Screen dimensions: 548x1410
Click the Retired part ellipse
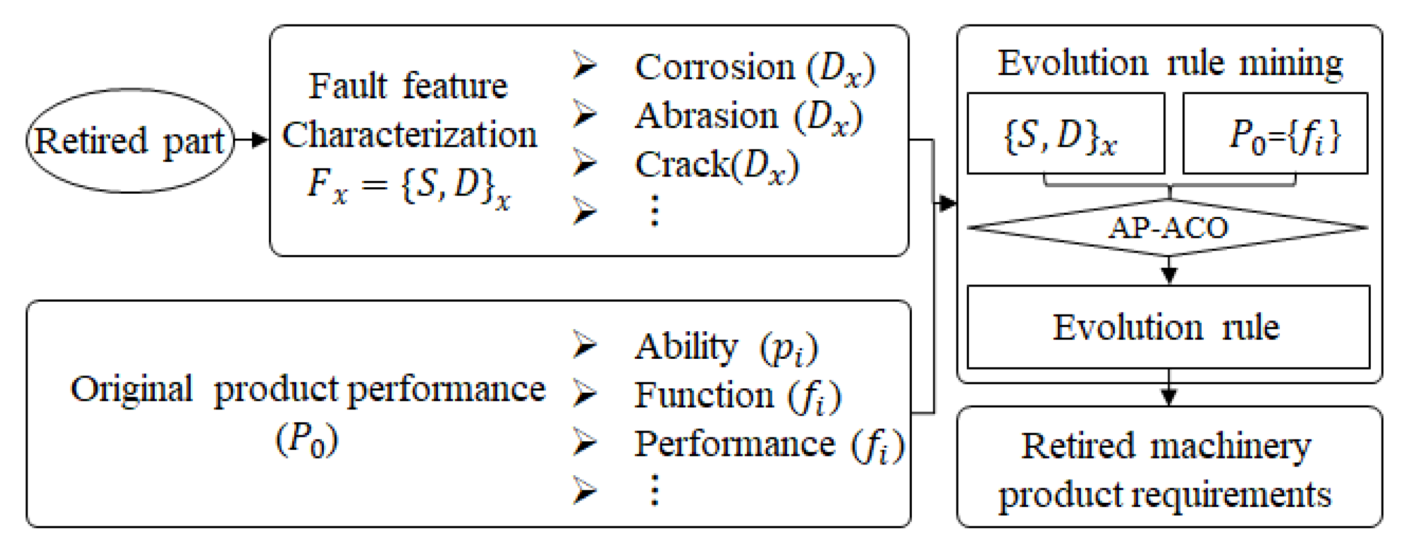[130, 141]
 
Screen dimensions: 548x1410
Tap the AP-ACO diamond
[1168, 228]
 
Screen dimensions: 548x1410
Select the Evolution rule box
[1168, 327]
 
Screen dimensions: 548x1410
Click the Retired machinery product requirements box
[1168, 468]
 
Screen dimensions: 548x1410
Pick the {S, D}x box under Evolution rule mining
[1065, 134]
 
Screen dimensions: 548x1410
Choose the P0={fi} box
[1275, 134]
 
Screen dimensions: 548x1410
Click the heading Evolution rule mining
[1169, 63]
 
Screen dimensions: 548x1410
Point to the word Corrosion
[714, 68]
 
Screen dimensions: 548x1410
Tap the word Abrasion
[706, 116]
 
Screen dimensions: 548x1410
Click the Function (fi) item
[737, 396]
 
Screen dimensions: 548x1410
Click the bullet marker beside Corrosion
[585, 65]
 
